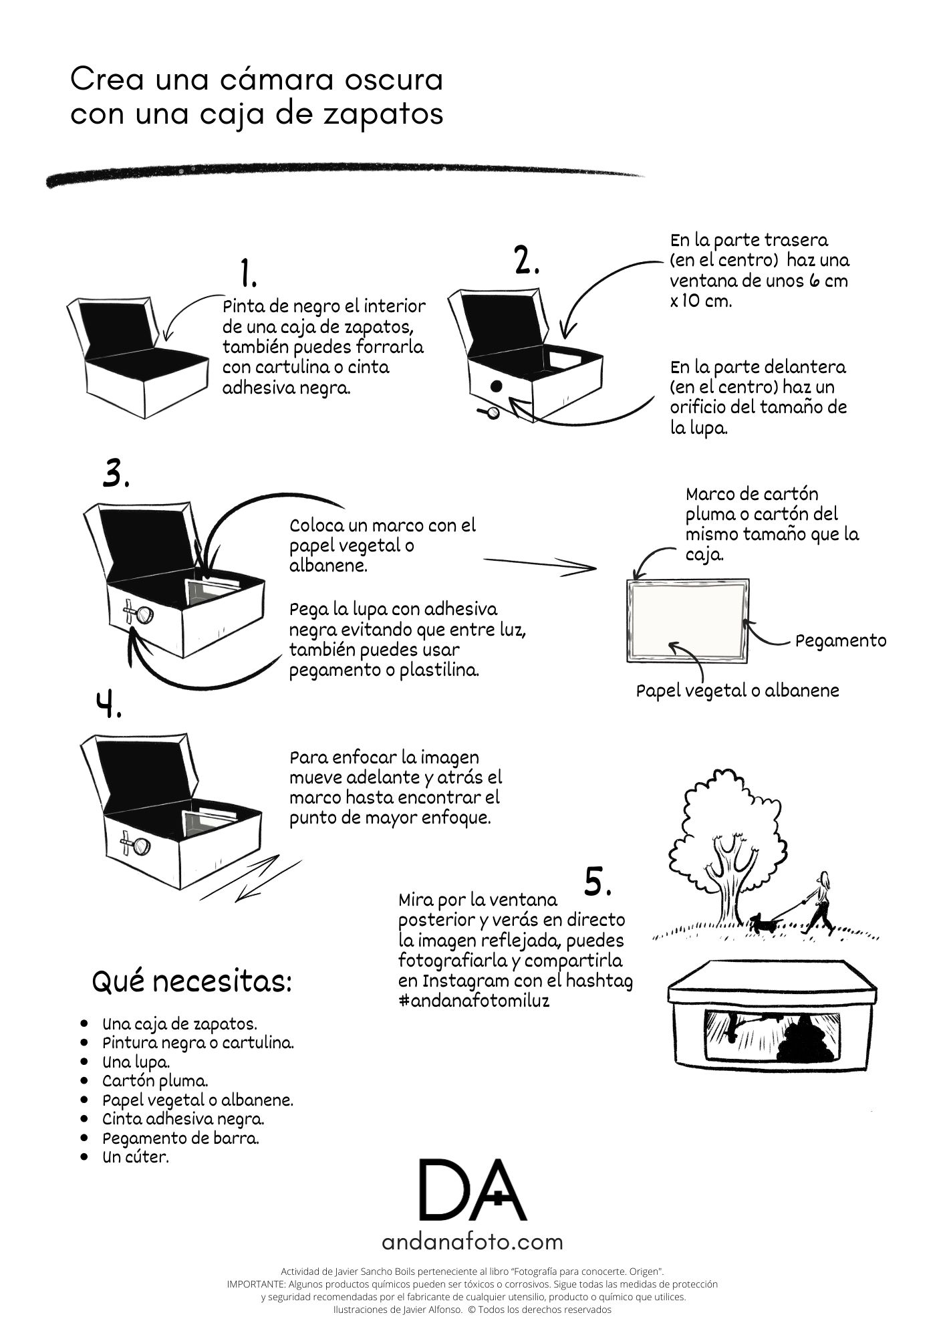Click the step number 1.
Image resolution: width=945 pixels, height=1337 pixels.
(x=249, y=273)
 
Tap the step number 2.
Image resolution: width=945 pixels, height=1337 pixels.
(x=527, y=260)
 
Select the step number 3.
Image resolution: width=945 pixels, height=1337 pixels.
(x=116, y=473)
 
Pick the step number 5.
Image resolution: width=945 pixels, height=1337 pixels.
(x=598, y=882)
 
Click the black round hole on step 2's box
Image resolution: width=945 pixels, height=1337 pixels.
(x=497, y=386)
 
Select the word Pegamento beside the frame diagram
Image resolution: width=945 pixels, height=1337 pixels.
(x=841, y=640)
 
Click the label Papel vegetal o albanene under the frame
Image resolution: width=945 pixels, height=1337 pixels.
(x=737, y=691)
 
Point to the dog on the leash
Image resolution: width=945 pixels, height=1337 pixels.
(x=763, y=923)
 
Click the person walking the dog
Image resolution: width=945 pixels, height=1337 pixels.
(x=820, y=902)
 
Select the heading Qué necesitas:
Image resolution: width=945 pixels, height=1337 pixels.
(x=191, y=982)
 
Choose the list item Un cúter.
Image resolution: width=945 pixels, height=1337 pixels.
(x=136, y=1157)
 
